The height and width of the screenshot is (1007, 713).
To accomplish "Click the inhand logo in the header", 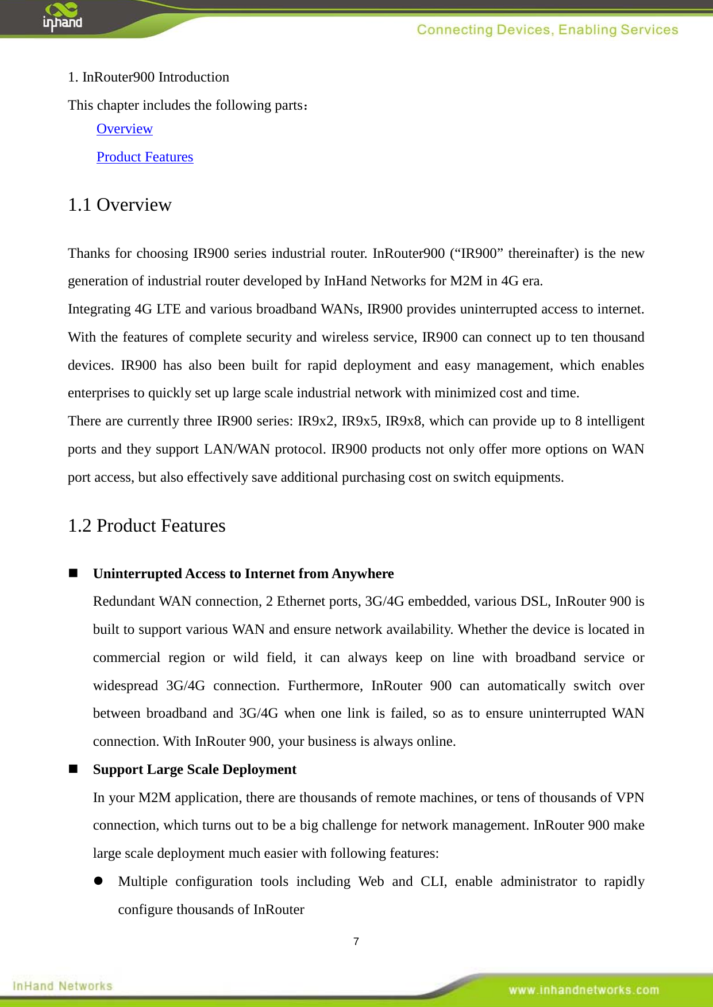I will pyautogui.click(x=62, y=17).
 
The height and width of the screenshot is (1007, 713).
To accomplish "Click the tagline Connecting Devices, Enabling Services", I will pyautogui.click(x=547, y=30).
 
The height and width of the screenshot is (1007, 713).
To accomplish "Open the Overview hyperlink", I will pyautogui.click(x=124, y=129).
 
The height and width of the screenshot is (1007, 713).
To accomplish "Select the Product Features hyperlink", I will pyautogui.click(x=145, y=157).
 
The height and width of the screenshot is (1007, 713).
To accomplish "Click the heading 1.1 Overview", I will pyautogui.click(x=120, y=205).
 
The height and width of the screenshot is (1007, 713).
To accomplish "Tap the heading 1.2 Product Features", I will pyautogui.click(x=147, y=526).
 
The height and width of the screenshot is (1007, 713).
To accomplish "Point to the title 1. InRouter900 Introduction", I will pyautogui.click(x=148, y=77).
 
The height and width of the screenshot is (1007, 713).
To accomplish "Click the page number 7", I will pyautogui.click(x=356, y=942).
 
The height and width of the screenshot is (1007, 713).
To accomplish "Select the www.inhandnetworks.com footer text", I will pyautogui.click(x=583, y=990).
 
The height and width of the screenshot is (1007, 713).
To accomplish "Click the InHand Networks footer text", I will pyautogui.click(x=62, y=986).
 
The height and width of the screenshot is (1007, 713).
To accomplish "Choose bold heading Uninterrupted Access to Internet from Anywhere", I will pyautogui.click(x=243, y=574).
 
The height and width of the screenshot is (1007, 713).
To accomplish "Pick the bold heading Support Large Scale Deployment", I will pyautogui.click(x=194, y=769).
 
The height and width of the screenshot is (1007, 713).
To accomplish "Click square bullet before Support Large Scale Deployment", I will pyautogui.click(x=73, y=769).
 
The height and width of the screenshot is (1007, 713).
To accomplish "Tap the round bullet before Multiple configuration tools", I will pyautogui.click(x=98, y=881).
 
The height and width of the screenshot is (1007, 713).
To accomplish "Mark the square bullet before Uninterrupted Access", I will pyautogui.click(x=73, y=573).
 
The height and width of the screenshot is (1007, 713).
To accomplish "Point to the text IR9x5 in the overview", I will pyautogui.click(x=360, y=421).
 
